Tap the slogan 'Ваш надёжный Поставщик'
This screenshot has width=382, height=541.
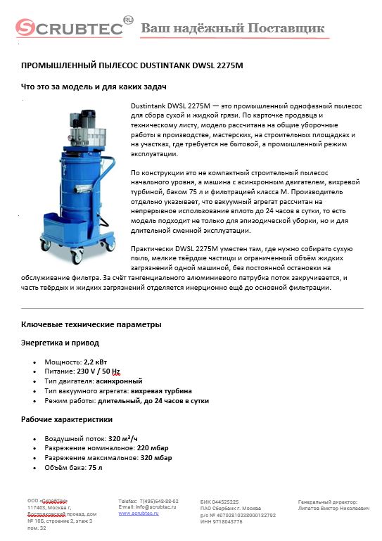pyautogui.click(x=233, y=28)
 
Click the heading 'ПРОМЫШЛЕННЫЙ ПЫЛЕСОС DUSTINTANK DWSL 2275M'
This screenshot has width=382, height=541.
pyautogui.click(x=132, y=65)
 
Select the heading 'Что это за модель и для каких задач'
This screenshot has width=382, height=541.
pyautogui.click(x=94, y=87)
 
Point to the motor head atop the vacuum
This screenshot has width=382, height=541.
pyautogui.click(x=80, y=127)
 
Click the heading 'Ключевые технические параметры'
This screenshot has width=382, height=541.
pyautogui.click(x=91, y=324)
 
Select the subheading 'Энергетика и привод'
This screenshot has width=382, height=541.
pyautogui.click(x=60, y=343)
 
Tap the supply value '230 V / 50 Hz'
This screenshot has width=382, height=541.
pyautogui.click(x=98, y=371)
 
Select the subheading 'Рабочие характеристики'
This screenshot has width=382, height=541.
pyautogui.click(x=67, y=419)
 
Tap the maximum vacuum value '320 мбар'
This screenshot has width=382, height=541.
pyautogui.click(x=156, y=457)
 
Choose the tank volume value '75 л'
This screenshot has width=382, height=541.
pyautogui.click(x=95, y=467)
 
